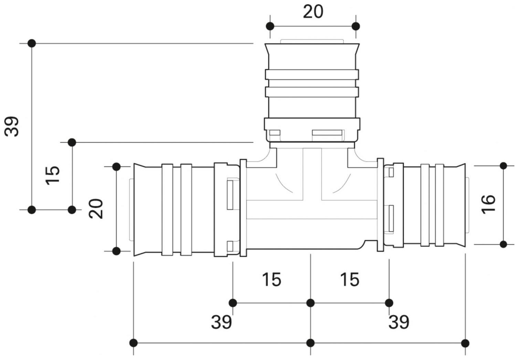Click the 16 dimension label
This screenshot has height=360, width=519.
[488, 204]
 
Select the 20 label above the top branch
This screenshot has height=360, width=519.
[313, 12]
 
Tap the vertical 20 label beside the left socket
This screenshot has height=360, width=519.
[96, 208]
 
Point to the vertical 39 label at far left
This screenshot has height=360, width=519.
[12, 127]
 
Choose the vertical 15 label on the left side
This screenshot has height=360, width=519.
[53, 175]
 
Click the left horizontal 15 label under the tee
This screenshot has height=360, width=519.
[272, 279]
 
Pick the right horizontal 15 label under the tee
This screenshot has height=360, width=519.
[350, 279]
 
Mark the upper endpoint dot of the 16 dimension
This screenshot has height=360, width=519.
[504, 166]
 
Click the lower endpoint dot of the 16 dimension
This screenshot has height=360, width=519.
[504, 244]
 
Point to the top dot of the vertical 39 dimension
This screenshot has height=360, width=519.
[32, 43]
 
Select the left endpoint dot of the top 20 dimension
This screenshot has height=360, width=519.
[270, 26]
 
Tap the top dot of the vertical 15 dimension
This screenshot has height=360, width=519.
[72, 142]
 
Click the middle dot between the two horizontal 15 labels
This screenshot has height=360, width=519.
[310, 303]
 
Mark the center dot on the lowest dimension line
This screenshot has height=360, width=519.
[310, 343]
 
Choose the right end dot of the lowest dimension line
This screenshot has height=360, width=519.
[465, 343]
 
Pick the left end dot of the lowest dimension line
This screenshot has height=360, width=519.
[134, 343]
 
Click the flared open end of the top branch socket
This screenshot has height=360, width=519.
[313, 48]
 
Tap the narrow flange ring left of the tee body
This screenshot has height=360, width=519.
[243, 208]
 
